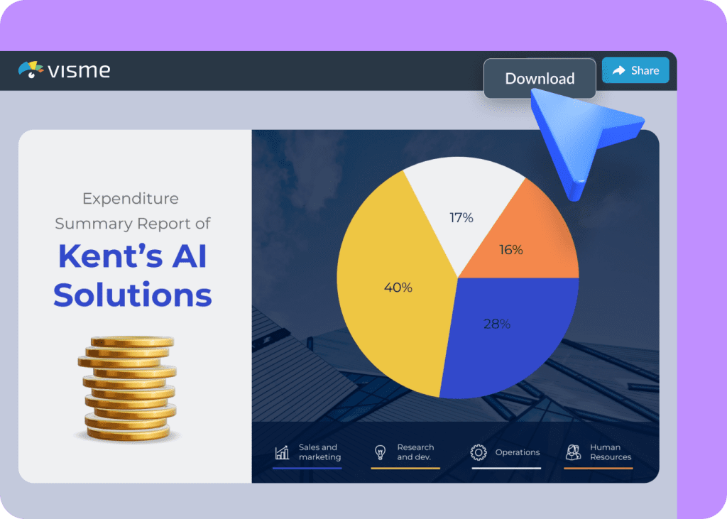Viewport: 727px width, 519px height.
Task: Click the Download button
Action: click(x=540, y=79)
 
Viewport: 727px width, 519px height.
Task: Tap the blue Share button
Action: click(x=635, y=70)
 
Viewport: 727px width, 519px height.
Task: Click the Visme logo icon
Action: click(x=31, y=70)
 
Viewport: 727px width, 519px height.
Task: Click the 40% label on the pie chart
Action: click(x=398, y=288)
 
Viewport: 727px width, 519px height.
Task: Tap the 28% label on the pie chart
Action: click(x=497, y=324)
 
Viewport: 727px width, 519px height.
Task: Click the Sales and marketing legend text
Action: click(x=319, y=452)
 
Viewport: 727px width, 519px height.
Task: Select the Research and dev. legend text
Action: click(x=415, y=452)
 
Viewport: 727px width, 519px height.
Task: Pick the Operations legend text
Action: click(x=517, y=452)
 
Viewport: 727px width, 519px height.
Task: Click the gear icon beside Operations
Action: click(x=479, y=452)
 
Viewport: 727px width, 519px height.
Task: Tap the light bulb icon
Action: click(x=380, y=452)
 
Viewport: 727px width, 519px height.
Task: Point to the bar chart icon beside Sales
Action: click(x=282, y=452)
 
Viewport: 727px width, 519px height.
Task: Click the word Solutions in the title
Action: click(x=133, y=294)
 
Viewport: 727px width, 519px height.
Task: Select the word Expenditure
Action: click(x=131, y=199)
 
